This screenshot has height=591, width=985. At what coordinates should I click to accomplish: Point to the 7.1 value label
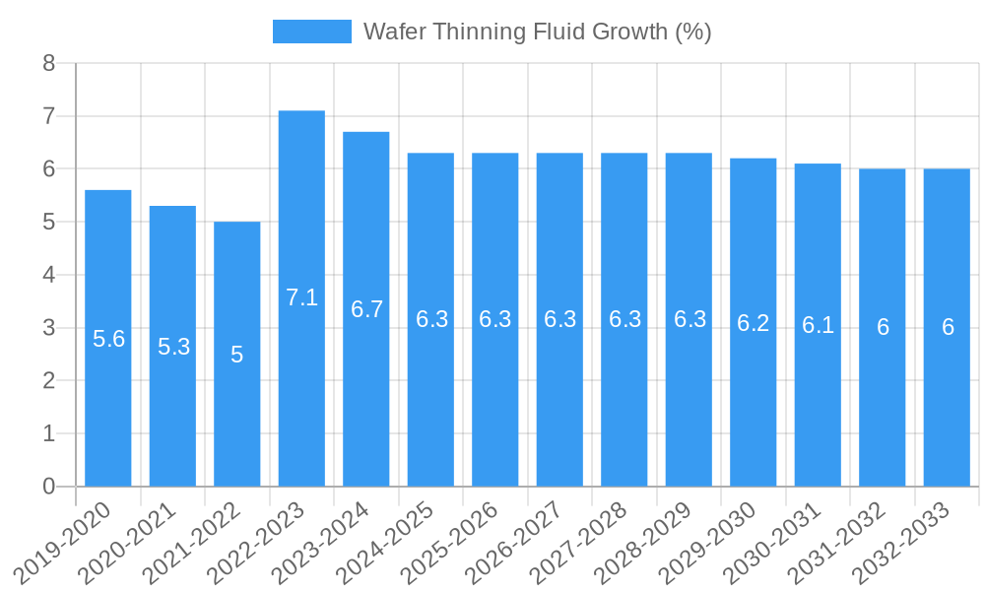click(301, 297)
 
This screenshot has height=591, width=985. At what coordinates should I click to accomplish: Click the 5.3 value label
click(173, 347)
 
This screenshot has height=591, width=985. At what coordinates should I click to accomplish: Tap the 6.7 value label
click(366, 309)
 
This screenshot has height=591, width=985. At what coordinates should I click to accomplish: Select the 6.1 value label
click(818, 325)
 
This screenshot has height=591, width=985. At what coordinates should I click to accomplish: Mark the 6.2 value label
click(754, 323)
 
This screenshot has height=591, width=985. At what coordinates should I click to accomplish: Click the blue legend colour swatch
click(311, 32)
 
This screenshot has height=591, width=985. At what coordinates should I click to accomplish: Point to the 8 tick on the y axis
click(49, 64)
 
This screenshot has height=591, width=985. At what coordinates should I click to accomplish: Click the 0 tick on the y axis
click(49, 487)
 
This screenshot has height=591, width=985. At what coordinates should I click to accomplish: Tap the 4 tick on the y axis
click(49, 275)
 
